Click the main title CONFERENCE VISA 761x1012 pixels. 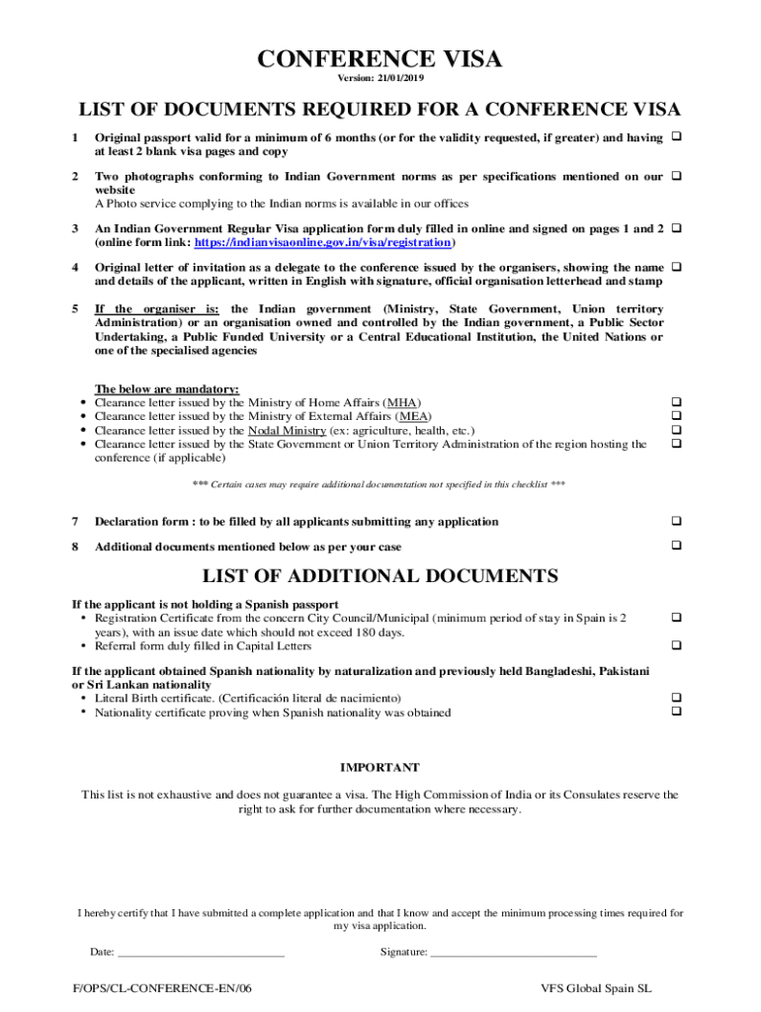click(380, 60)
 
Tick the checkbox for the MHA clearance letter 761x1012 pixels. click(677, 402)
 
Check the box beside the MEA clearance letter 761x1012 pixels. click(677, 416)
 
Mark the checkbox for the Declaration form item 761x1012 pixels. click(677, 521)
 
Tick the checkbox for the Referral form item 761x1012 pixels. click(677, 645)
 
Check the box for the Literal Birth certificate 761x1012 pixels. click(677, 697)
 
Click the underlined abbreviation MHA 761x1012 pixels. click(401, 403)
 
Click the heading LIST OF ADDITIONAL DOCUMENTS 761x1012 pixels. click(380, 576)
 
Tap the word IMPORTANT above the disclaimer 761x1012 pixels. click(380, 767)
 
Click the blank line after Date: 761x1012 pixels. click(201, 953)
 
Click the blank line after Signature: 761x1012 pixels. click(513, 953)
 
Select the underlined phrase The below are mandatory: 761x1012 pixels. click(166, 388)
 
